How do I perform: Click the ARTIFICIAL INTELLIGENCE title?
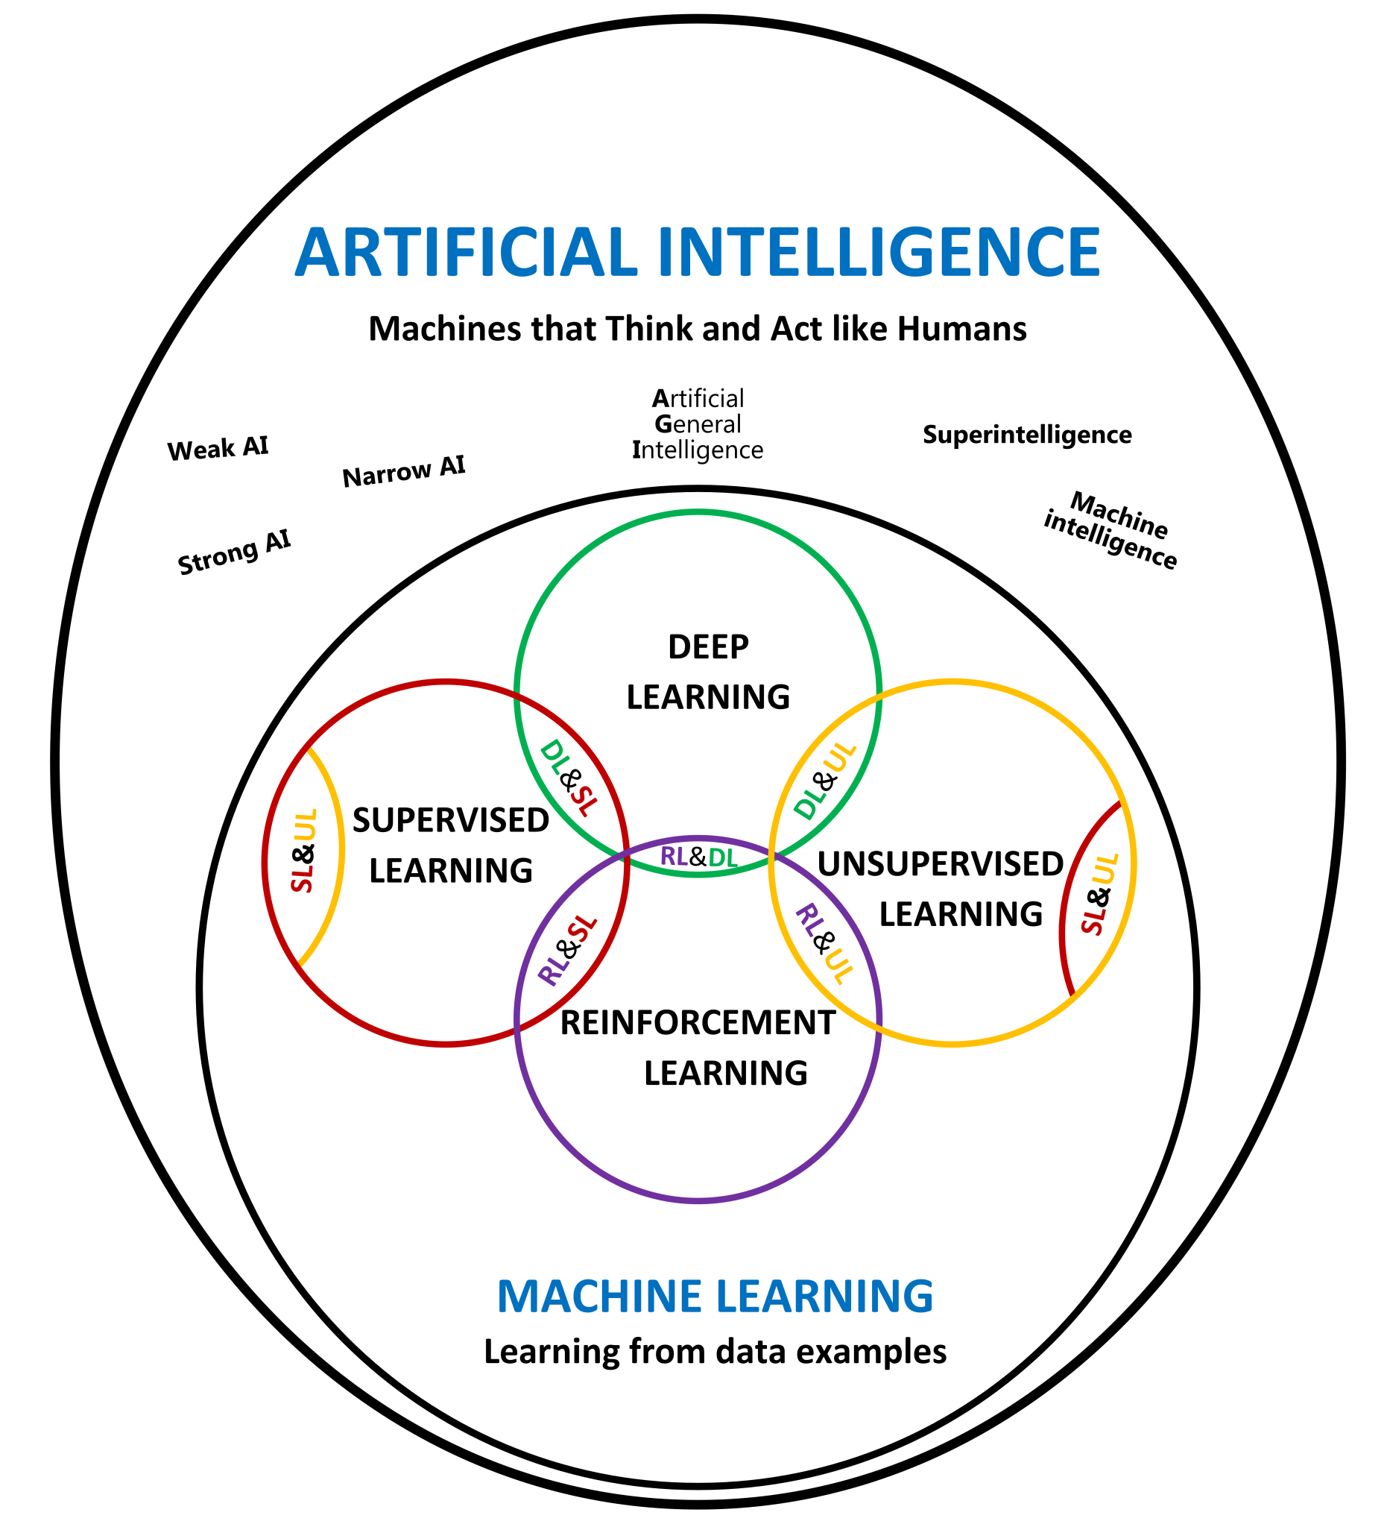click(x=697, y=251)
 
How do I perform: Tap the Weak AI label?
click(x=218, y=448)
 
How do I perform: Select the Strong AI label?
click(x=234, y=552)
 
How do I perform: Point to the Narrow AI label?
click(x=403, y=471)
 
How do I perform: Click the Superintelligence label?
click(x=1026, y=435)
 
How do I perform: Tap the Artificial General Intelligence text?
click(x=698, y=424)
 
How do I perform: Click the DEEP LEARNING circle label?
click(x=708, y=672)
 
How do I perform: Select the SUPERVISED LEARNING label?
click(x=450, y=846)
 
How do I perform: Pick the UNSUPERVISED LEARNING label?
click(x=941, y=889)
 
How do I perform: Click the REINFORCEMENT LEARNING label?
click(x=698, y=1048)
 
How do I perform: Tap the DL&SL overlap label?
click(x=569, y=778)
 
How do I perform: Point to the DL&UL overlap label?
click(x=825, y=780)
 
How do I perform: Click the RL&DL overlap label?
click(x=698, y=857)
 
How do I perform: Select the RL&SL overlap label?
click(x=568, y=951)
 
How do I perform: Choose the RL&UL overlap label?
click(x=825, y=943)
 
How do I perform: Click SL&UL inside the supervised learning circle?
click(x=303, y=851)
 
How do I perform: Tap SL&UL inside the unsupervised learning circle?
click(x=1099, y=894)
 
